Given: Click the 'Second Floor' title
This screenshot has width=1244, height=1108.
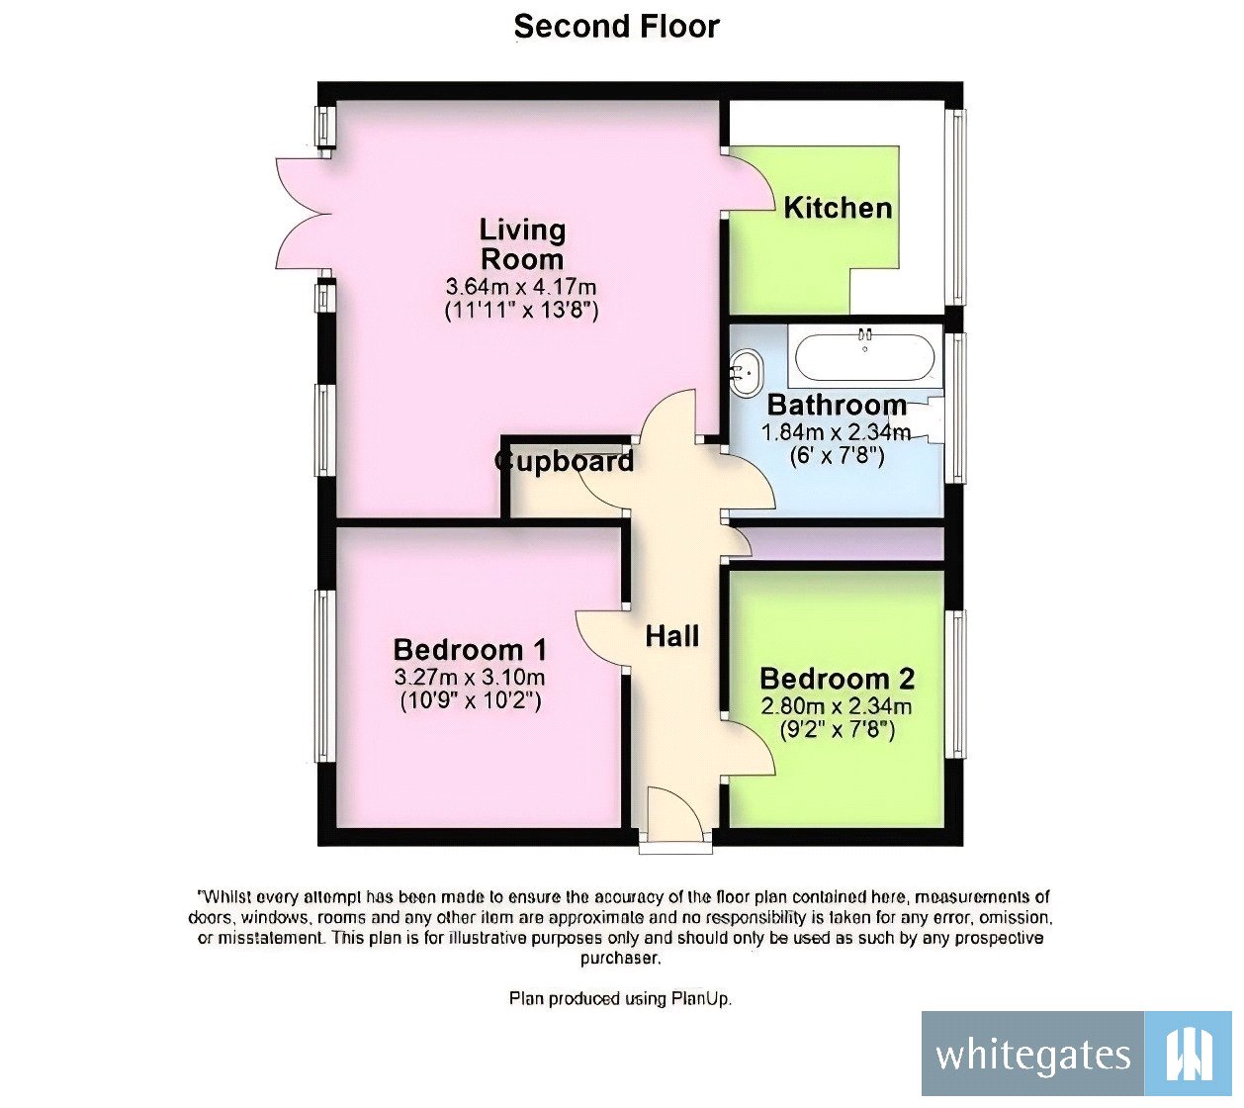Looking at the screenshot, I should click(x=616, y=27).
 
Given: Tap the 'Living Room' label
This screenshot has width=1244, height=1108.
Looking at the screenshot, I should click(x=522, y=244).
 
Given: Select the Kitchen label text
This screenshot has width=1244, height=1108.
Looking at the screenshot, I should click(x=838, y=208).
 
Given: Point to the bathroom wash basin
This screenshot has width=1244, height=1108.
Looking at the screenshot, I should click(x=746, y=371).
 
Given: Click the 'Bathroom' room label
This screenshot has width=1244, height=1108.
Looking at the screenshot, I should click(x=837, y=405).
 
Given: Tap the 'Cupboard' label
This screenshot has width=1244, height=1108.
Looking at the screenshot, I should click(x=565, y=461).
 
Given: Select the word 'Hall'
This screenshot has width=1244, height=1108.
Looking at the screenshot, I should click(x=672, y=635).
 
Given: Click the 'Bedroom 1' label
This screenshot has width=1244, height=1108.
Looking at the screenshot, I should click(x=470, y=650).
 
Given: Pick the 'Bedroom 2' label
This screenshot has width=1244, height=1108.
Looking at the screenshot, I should click(x=837, y=679).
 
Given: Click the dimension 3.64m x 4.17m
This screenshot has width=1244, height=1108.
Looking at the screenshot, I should click(x=521, y=288).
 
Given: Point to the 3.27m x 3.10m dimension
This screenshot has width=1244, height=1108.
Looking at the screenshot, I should click(x=470, y=678).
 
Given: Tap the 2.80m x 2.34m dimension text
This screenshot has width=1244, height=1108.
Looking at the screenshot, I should click(x=837, y=706).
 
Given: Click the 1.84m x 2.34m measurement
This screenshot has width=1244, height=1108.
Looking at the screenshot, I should click(x=836, y=432).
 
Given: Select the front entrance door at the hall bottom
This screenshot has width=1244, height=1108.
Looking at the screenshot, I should click(x=674, y=821).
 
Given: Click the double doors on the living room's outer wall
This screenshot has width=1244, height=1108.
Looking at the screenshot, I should click(x=299, y=215).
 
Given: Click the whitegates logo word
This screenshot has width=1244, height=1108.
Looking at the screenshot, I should click(x=1032, y=1057).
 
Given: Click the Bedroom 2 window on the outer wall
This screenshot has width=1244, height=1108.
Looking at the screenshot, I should click(x=956, y=683).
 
